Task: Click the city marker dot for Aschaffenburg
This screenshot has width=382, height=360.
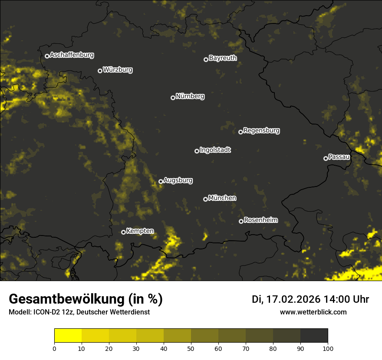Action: point(47,56)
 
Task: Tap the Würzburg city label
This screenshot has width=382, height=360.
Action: point(118,70)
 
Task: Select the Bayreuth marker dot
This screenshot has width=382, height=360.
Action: point(206,59)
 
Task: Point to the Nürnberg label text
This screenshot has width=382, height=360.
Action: point(190,96)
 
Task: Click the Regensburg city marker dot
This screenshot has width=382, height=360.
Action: point(240,132)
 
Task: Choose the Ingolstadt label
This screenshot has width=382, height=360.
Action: point(215,150)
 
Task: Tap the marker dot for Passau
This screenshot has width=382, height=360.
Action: point(326,158)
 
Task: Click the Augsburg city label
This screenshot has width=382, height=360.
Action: point(178,180)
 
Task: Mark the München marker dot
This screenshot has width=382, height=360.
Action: point(205,199)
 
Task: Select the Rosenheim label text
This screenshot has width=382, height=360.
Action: point(260,220)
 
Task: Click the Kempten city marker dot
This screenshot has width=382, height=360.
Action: point(123,232)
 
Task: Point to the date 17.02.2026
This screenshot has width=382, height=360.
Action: point(293,299)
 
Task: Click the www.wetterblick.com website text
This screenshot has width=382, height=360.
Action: point(313,312)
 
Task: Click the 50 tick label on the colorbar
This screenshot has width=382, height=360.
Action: point(191,348)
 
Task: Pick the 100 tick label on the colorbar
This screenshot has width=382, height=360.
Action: point(328,348)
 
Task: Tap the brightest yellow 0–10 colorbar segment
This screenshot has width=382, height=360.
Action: point(68,336)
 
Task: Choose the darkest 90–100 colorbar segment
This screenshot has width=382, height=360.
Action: point(314,336)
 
